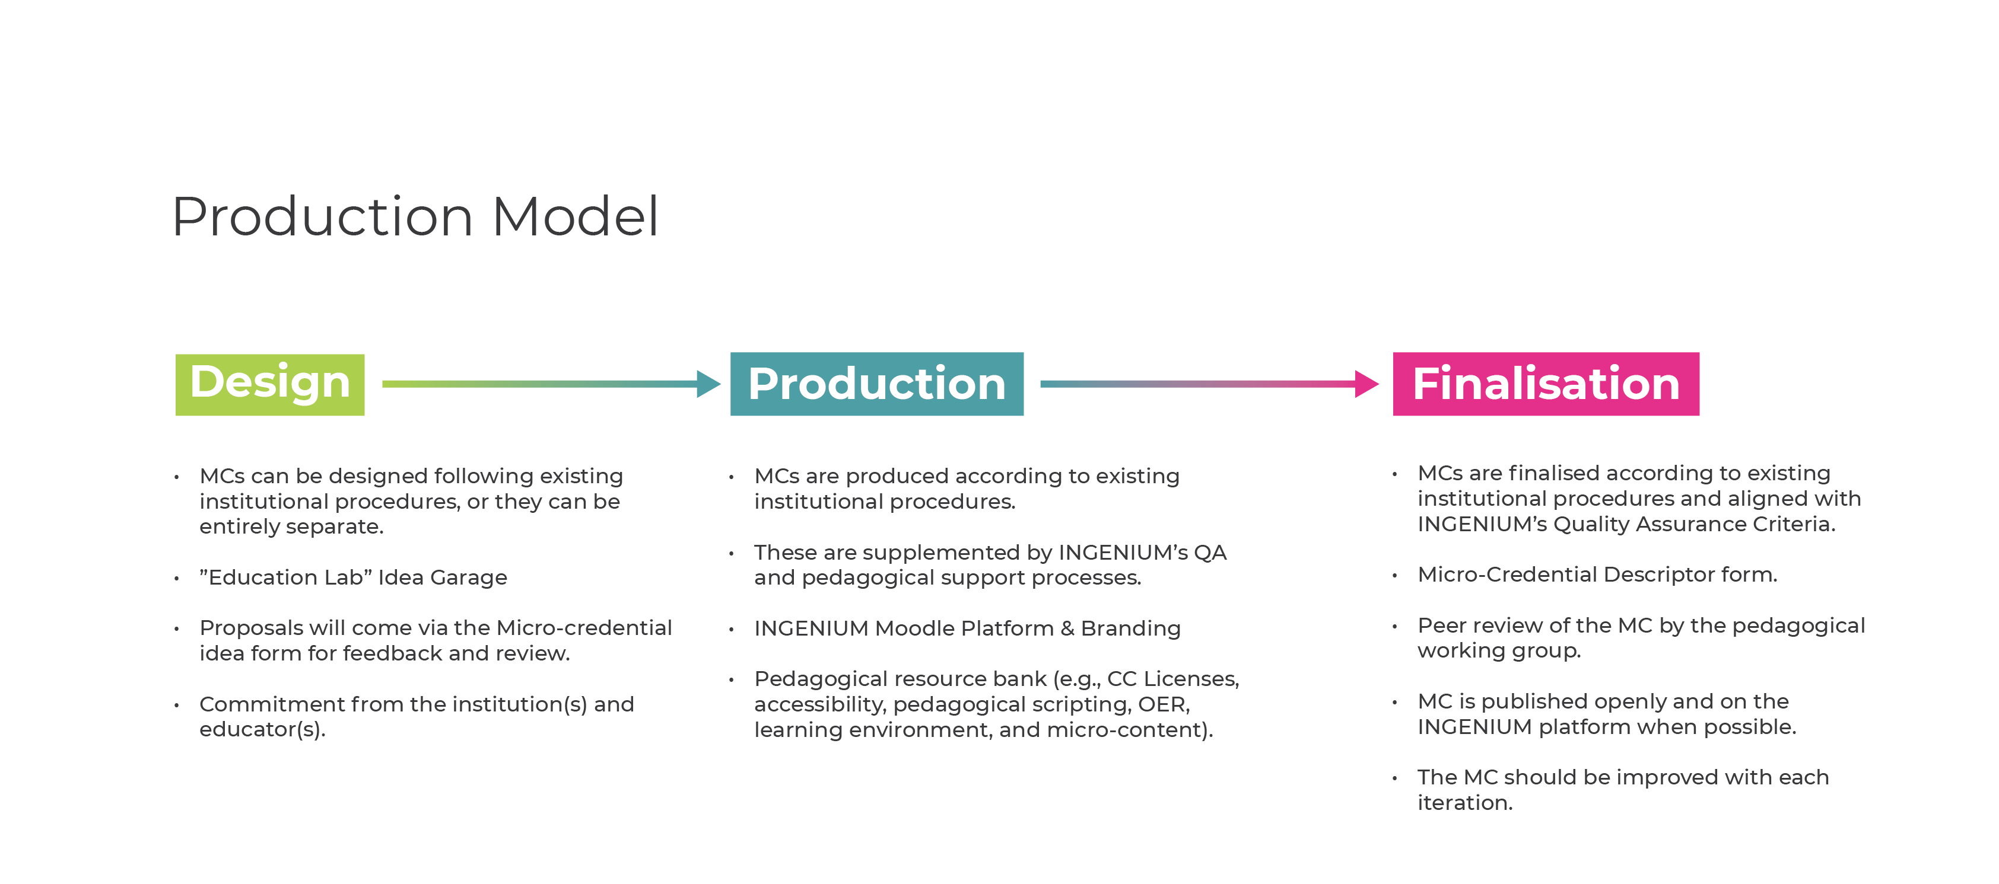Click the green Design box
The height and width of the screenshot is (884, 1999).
tap(270, 385)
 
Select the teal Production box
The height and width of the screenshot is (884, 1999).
tap(877, 384)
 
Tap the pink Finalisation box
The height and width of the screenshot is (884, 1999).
tap(1546, 384)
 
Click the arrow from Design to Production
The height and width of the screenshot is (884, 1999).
tap(552, 384)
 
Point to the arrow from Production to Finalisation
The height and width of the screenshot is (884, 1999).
tap(1209, 384)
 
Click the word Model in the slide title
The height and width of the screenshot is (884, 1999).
tap(575, 216)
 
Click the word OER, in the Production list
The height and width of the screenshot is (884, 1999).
tap(1164, 705)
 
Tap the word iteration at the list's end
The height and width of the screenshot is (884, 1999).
tap(1464, 803)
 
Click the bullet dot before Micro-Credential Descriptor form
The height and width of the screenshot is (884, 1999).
tap(1394, 575)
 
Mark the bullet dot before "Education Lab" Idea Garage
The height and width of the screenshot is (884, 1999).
tap(177, 579)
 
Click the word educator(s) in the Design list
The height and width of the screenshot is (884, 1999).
tap(262, 730)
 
